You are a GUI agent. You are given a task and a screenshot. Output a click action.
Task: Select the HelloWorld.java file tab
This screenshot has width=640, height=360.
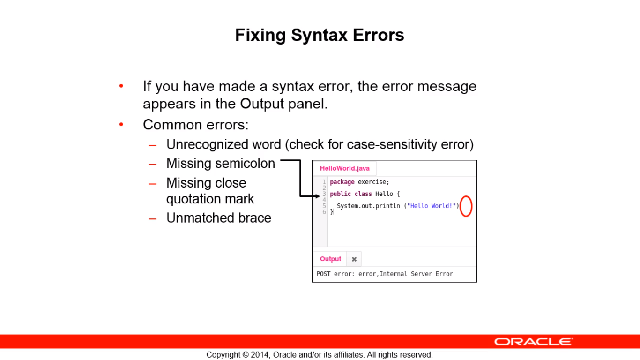(x=344, y=168)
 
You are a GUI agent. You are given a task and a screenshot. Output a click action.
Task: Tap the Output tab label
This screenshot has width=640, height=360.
(x=330, y=259)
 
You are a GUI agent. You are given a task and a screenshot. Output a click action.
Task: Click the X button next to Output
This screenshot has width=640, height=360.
(x=354, y=259)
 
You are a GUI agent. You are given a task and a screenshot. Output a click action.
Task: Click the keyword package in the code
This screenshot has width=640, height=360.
(x=342, y=182)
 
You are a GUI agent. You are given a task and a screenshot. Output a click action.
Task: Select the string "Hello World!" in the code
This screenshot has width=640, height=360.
(x=432, y=206)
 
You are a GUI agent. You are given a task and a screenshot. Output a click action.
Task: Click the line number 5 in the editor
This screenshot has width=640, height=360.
(x=324, y=206)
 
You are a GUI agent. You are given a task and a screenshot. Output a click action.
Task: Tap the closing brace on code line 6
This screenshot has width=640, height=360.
(x=331, y=212)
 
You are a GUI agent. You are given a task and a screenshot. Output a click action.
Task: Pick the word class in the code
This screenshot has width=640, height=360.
(x=363, y=194)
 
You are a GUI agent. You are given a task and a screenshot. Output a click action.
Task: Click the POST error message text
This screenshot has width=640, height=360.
(x=385, y=274)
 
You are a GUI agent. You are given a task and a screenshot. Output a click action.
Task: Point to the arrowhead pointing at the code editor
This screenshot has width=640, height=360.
(x=318, y=196)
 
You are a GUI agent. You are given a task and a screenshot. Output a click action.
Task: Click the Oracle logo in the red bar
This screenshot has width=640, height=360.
(x=534, y=342)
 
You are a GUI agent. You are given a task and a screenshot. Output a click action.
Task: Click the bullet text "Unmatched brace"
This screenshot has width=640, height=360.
(x=219, y=218)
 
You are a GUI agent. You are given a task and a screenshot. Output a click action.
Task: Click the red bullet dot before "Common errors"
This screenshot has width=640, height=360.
(x=121, y=124)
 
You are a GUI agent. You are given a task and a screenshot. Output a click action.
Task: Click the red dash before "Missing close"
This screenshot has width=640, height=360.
(x=153, y=184)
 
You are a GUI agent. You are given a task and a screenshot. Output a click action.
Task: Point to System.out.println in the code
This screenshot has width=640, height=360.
(x=368, y=206)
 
